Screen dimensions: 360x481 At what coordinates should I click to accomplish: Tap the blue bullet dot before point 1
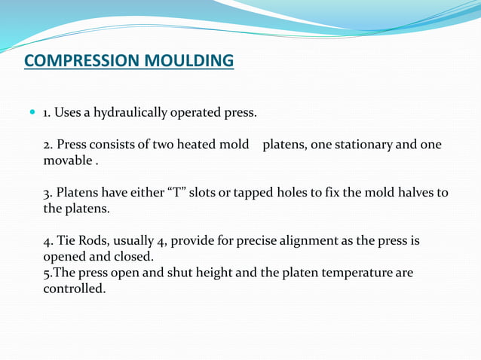[x=32, y=112]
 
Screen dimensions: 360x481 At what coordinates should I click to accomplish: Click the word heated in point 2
[x=195, y=145]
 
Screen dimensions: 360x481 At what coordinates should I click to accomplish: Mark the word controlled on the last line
[x=74, y=288]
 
